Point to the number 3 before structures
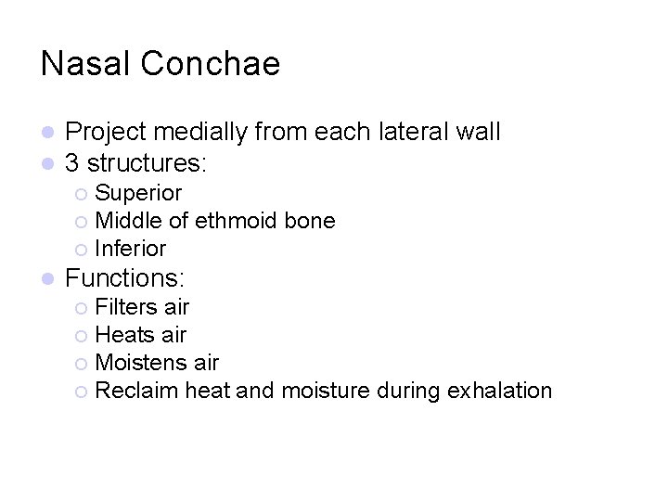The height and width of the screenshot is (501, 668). click(71, 164)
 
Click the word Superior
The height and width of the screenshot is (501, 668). click(138, 193)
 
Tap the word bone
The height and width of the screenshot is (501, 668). click(313, 221)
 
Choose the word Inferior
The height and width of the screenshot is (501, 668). click(131, 249)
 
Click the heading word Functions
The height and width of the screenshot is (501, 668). click(125, 278)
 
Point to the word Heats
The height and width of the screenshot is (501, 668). click(124, 335)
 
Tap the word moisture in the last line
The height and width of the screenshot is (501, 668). click(326, 391)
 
